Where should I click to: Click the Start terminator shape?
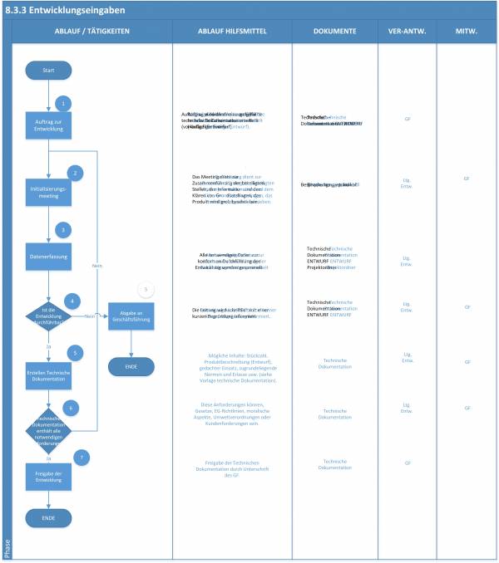point(48,71)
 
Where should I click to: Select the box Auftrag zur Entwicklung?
point(48,129)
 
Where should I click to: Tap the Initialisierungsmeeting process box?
point(48,193)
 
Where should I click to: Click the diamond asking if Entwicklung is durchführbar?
point(48,316)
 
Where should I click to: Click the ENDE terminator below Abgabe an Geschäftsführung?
point(131,366)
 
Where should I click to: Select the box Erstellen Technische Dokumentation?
point(48,378)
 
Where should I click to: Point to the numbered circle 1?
point(62,103)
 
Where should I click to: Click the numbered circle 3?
point(62,230)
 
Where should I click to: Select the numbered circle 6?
point(72,408)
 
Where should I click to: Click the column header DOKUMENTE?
point(334,31)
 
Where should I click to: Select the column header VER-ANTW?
point(407,31)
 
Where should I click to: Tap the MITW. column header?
point(467,31)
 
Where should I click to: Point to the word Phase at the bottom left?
point(7,549)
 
